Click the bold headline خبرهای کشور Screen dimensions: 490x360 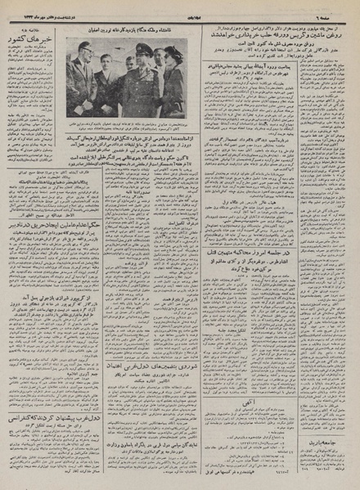click(33, 18)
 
